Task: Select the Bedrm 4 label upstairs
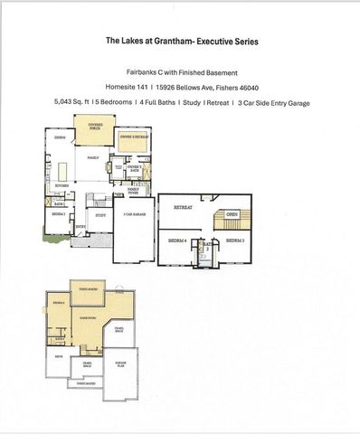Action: pos(177,241)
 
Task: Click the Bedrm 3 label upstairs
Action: pos(234,241)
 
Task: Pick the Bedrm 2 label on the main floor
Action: pos(58,214)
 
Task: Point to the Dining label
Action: pos(57,138)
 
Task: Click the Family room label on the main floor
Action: pos(92,156)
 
